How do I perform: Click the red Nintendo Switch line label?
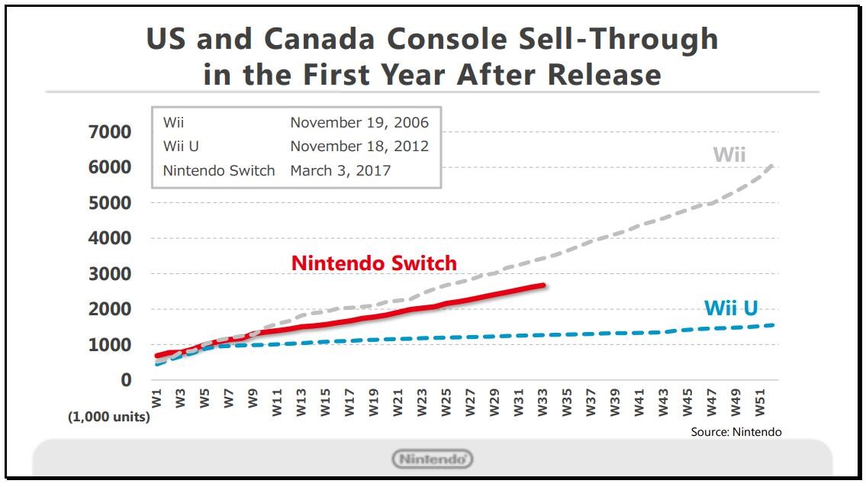pyautogui.click(x=374, y=263)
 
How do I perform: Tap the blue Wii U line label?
pyautogui.click(x=730, y=308)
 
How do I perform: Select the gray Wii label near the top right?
pyautogui.click(x=729, y=155)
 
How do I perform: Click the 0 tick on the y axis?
pyautogui.click(x=125, y=380)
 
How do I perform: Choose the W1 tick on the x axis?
pyautogui.click(x=156, y=398)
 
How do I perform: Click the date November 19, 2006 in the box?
pyautogui.click(x=359, y=123)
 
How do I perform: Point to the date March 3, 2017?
pyautogui.click(x=340, y=170)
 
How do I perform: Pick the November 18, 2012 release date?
pyautogui.click(x=359, y=147)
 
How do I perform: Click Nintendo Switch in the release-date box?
pyautogui.click(x=219, y=170)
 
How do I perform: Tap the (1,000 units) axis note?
pyautogui.click(x=108, y=417)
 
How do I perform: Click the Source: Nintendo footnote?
pyautogui.click(x=736, y=432)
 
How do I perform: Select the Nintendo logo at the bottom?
pyautogui.click(x=433, y=460)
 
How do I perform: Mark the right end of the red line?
pyautogui.click(x=544, y=285)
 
